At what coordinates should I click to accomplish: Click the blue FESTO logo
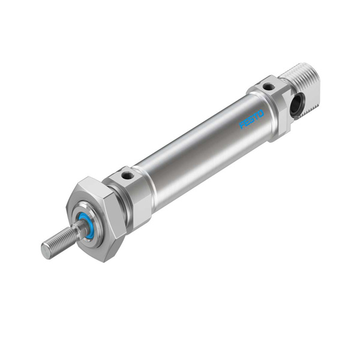click(251, 119)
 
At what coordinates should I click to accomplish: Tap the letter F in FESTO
click(242, 125)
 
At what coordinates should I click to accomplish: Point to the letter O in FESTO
click(261, 113)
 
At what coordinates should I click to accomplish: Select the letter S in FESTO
click(252, 119)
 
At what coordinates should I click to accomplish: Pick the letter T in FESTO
click(256, 116)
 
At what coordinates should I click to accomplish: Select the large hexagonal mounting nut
click(97, 219)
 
